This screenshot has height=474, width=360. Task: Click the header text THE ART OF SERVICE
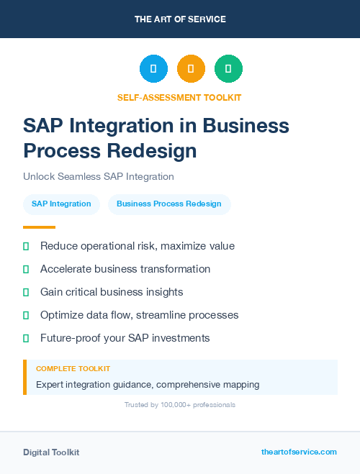(x=180, y=19)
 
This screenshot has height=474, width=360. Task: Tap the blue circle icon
(x=153, y=69)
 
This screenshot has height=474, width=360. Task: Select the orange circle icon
(x=191, y=69)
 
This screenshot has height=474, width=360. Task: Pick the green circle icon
(x=228, y=69)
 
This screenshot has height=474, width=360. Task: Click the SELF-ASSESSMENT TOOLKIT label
(x=180, y=97)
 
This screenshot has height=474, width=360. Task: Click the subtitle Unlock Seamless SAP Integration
(x=99, y=176)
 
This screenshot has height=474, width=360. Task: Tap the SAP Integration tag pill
(x=61, y=204)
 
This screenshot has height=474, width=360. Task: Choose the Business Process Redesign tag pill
(x=169, y=204)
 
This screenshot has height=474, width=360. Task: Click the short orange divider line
(x=39, y=227)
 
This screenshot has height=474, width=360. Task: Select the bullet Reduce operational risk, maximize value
(x=137, y=246)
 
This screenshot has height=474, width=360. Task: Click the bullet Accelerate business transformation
(x=125, y=269)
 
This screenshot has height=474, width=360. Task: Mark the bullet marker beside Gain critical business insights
(x=26, y=292)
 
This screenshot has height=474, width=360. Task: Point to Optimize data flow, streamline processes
(x=139, y=315)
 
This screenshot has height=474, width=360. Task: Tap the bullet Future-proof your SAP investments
(x=125, y=338)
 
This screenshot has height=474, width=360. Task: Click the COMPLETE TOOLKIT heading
(x=73, y=368)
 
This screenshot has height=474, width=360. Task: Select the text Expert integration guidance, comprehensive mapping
(x=148, y=385)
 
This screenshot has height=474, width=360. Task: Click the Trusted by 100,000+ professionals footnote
(x=180, y=405)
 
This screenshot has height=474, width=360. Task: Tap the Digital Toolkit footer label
(x=51, y=452)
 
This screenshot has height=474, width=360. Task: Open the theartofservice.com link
(x=299, y=452)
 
